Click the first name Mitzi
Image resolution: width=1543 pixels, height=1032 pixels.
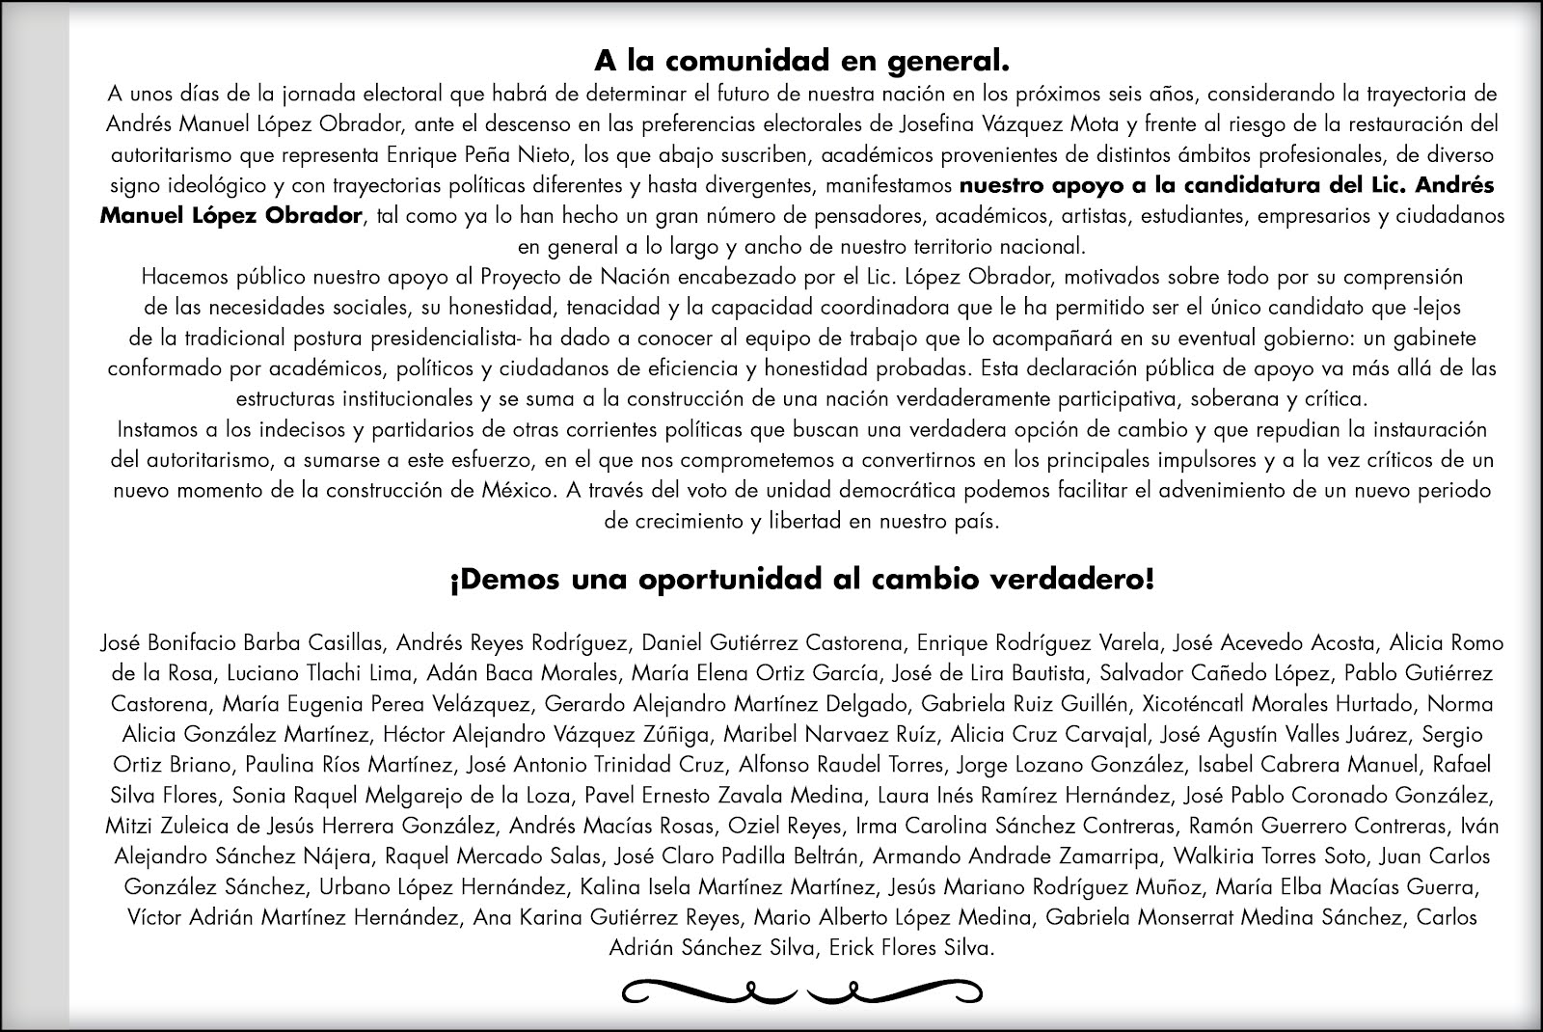click(x=128, y=827)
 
